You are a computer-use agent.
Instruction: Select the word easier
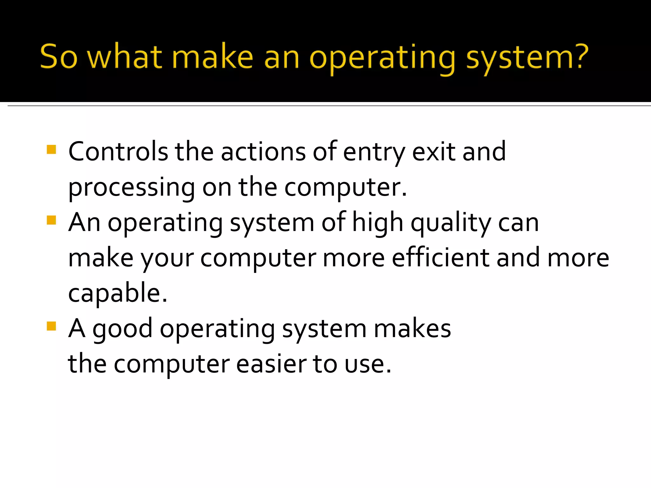tap(271, 364)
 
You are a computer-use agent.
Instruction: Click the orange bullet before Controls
tap(51, 149)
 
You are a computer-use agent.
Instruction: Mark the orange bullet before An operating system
tap(51, 220)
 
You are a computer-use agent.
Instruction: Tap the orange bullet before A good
tap(51, 326)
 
